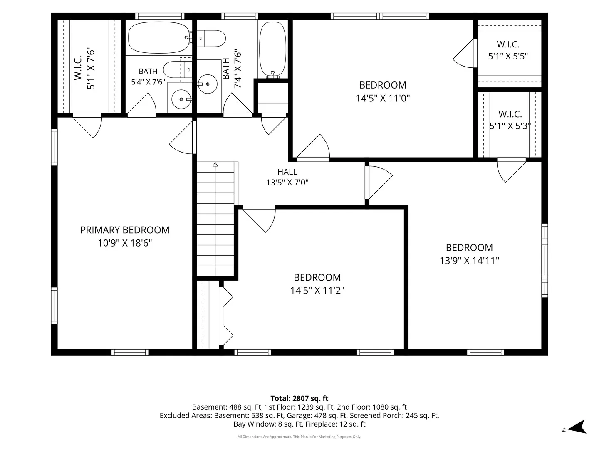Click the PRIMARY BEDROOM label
click(125, 230)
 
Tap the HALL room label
click(287, 172)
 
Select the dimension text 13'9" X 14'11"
click(469, 261)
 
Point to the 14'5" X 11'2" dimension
click(317, 291)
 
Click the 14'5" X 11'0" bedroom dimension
click(383, 98)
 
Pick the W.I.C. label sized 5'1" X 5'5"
click(508, 44)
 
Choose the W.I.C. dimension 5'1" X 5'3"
click(510, 126)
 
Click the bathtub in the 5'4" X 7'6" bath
click(159, 37)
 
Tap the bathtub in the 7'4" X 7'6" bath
click(272, 49)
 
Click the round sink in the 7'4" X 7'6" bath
click(208, 84)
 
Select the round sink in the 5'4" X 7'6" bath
click(181, 99)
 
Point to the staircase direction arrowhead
click(215, 164)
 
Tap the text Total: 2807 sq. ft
click(299, 398)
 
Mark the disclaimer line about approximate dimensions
click(299, 437)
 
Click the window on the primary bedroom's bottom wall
click(130, 353)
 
